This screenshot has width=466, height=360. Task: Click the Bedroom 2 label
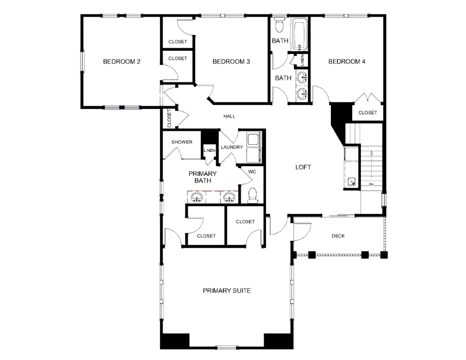122,62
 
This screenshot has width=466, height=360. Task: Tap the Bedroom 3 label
231,62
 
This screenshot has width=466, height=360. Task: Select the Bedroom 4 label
347,62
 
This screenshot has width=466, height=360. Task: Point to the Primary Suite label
227,291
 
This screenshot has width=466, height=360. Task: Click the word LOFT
303,167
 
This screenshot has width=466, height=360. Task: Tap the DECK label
338,236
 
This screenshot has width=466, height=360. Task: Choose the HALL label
229,116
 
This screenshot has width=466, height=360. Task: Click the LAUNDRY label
232,147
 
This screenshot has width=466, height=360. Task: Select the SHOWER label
182,142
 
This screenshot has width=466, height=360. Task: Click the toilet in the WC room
253,195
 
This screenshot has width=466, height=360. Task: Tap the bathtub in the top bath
300,34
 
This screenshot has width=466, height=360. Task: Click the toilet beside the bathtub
279,25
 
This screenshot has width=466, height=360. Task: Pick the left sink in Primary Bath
197,197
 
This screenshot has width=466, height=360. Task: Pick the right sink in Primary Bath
229,197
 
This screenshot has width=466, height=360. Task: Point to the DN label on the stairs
371,184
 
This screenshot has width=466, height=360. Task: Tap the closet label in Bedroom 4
368,113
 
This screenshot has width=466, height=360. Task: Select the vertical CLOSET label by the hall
170,118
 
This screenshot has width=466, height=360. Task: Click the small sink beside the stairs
352,182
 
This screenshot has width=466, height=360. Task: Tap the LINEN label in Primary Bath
210,150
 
